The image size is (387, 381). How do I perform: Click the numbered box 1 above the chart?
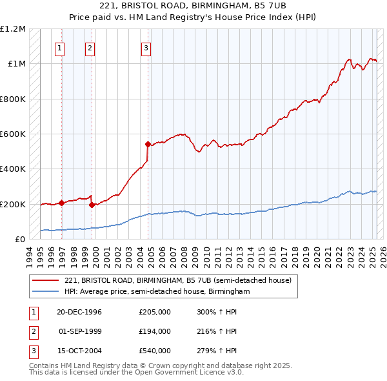[x=59, y=47]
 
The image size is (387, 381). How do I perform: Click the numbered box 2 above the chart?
[x=90, y=47]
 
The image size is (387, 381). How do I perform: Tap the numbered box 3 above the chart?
[x=146, y=47]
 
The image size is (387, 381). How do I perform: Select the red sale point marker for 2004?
[x=148, y=145]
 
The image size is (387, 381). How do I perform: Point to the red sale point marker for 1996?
[x=62, y=203]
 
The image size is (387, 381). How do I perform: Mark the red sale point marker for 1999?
[x=92, y=205]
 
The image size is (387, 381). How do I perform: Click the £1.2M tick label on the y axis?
[x=13, y=29]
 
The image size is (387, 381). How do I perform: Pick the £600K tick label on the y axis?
[x=13, y=134]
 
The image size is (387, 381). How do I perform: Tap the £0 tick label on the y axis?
[x=20, y=240]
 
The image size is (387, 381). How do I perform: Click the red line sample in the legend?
[x=46, y=280]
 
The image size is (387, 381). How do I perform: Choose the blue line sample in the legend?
[x=46, y=292]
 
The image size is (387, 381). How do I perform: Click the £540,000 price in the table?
[x=155, y=351]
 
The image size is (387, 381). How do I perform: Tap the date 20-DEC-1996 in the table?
[x=79, y=312]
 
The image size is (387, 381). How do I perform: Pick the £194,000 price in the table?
[x=155, y=331]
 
